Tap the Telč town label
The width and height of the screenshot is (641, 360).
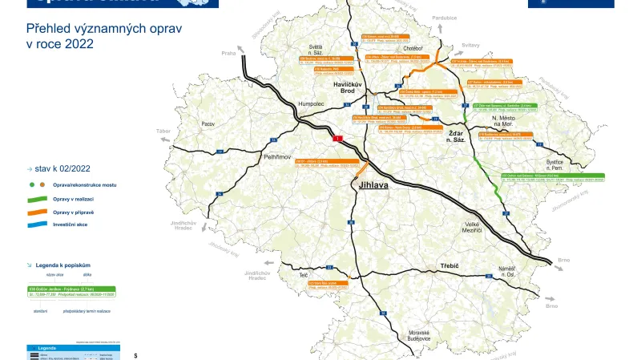tap(304, 275)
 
